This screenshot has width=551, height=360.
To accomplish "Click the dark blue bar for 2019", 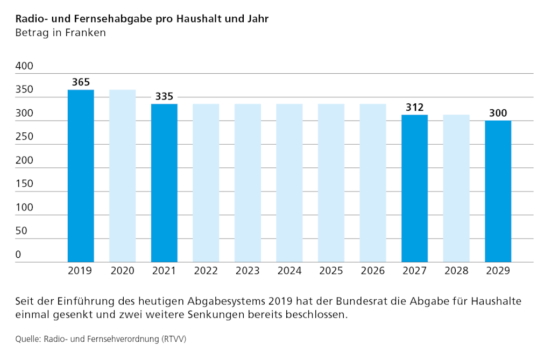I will [81, 176].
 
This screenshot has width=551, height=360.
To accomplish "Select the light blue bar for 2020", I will [123, 176].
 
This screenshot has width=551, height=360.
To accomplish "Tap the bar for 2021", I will [164, 183].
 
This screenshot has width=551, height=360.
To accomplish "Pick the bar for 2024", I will [289, 183].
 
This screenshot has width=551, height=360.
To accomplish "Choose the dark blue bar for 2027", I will [414, 188].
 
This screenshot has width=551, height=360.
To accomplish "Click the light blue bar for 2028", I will [456, 188].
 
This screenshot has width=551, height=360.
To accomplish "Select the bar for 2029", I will [498, 191].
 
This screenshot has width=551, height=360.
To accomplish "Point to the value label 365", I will [81, 82].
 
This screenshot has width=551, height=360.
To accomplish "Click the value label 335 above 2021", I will [164, 96].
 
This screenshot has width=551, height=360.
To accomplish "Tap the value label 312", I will [414, 107].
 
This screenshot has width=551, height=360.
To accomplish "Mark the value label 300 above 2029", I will [498, 113].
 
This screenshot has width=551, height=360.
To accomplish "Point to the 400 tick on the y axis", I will [24, 66].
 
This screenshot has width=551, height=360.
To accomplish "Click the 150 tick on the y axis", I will [24, 183].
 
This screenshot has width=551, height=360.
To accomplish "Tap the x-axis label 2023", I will [248, 271].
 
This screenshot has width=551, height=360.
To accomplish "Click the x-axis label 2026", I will [373, 271].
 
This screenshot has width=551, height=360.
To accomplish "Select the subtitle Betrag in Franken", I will [60, 32].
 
